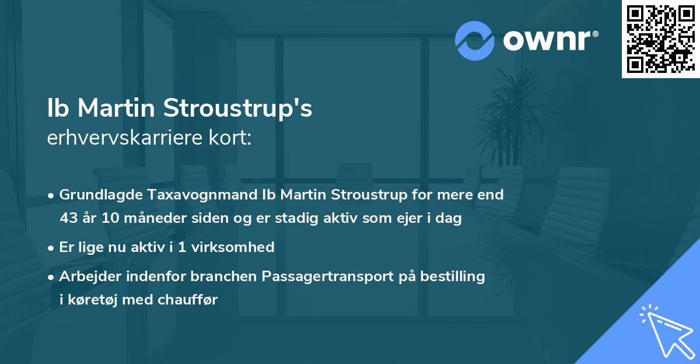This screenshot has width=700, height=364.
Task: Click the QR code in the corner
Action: click(660, 38)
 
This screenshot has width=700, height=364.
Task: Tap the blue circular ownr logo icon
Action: click(474, 41)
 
